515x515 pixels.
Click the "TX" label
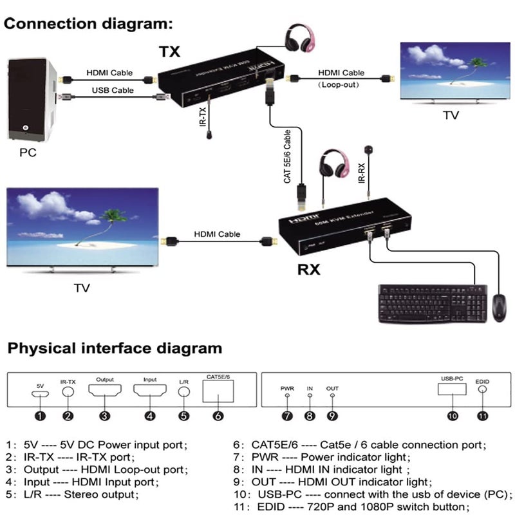(x=170, y=50)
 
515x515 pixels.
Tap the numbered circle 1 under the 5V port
(x=40, y=415)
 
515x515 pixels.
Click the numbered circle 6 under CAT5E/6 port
(x=219, y=415)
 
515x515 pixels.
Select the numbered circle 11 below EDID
(x=483, y=415)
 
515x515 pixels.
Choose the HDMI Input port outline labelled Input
(x=150, y=390)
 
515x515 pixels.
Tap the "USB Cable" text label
(x=113, y=90)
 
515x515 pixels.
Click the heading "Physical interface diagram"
(x=115, y=349)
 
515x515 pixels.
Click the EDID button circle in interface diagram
(x=483, y=389)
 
